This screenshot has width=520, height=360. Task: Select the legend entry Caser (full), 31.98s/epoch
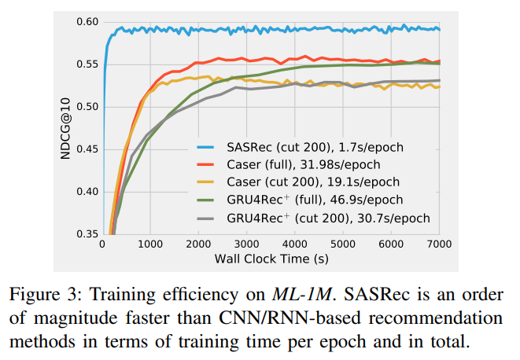(x=303, y=164)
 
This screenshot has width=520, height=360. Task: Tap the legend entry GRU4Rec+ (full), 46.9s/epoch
(x=308, y=200)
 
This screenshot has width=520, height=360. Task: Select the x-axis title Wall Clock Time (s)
(x=271, y=259)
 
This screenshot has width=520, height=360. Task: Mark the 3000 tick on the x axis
(x=248, y=244)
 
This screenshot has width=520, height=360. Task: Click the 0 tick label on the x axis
(x=103, y=244)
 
